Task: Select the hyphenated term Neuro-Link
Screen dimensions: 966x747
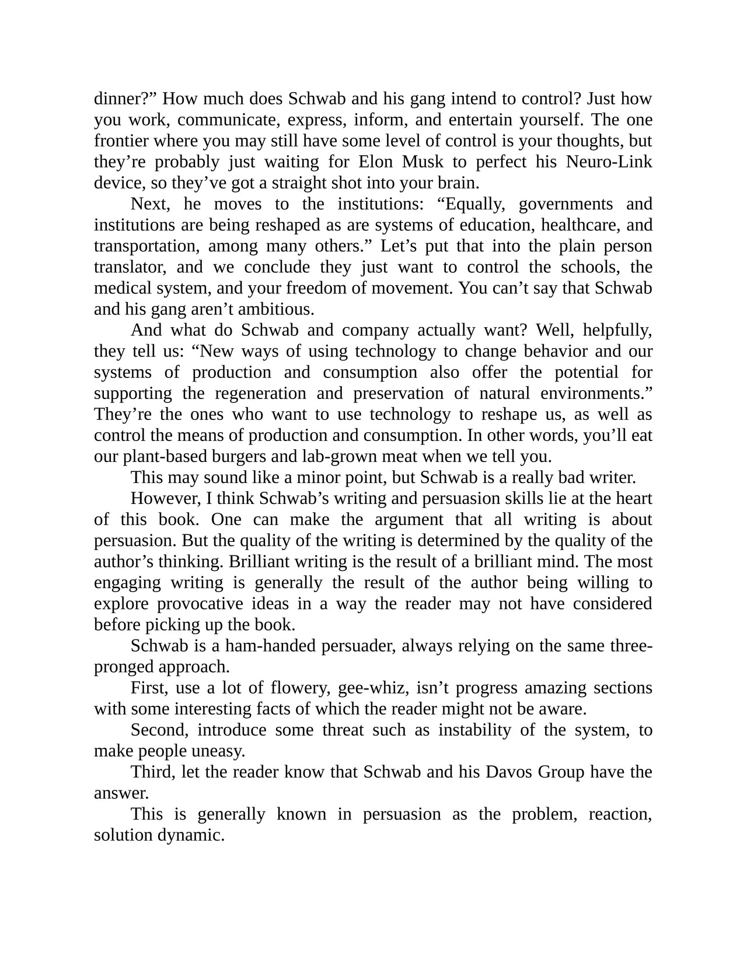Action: tap(609, 162)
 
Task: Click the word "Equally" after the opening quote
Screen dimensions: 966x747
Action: tap(473, 204)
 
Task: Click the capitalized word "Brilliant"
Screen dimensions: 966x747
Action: tap(259, 561)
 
